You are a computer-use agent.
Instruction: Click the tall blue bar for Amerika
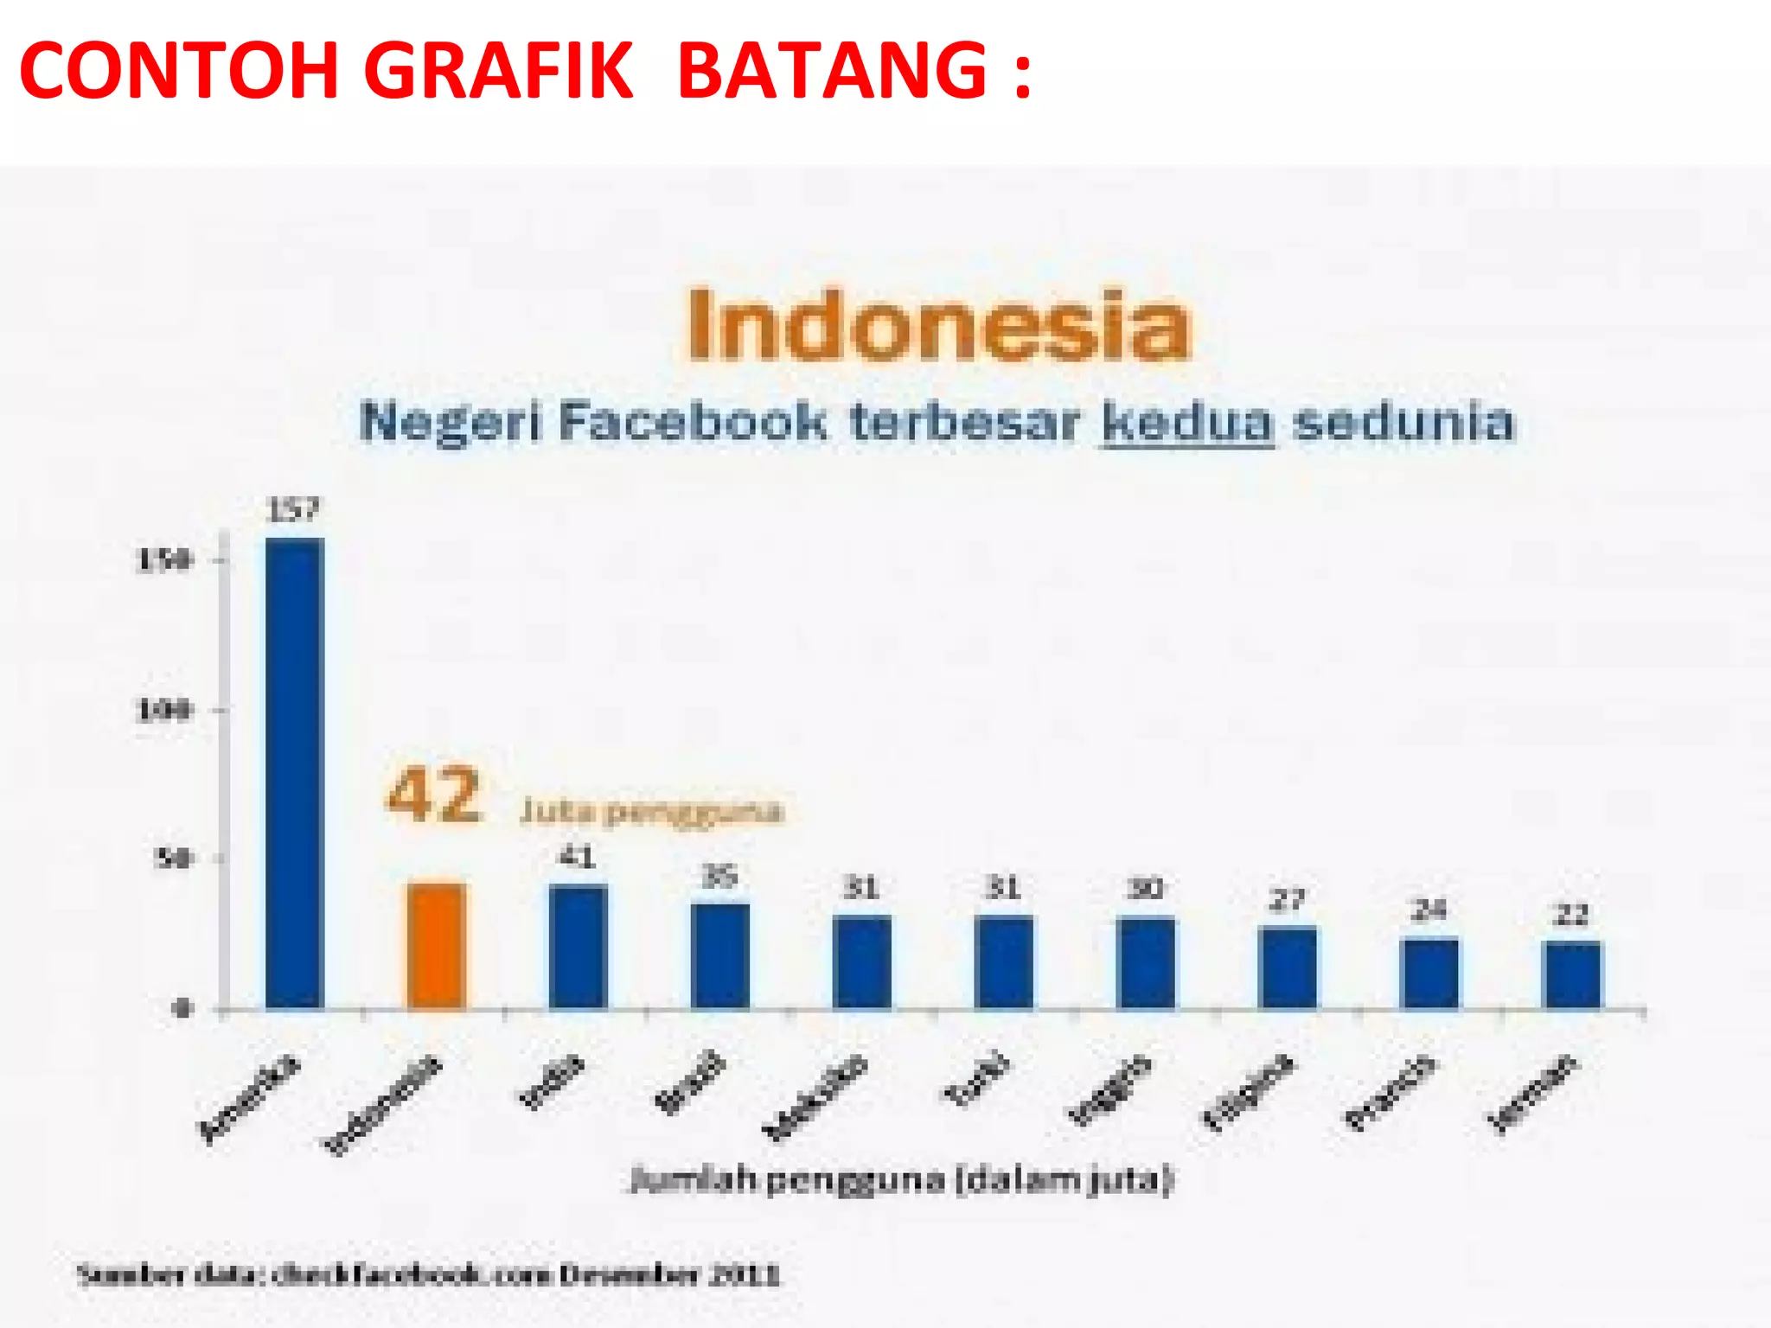coord(294,773)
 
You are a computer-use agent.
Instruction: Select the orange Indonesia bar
coord(436,946)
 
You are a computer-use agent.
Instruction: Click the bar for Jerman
coord(1571,975)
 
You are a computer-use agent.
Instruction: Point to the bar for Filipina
coord(1288,967)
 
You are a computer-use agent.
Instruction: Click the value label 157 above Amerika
coord(293,510)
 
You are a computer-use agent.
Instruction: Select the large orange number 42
coord(433,795)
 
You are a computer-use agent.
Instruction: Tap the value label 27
coord(1287,901)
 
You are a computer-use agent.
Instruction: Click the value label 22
coord(1571,915)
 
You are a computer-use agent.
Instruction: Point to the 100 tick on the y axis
coord(163,711)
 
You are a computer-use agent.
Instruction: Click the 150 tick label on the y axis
coord(163,560)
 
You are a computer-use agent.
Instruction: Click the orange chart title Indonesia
coord(938,325)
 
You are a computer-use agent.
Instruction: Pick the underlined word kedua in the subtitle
coord(1187,423)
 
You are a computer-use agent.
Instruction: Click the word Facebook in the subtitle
coord(692,423)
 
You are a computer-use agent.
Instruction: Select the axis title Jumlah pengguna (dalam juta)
coord(901,1180)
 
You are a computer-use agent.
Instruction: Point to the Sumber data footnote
coord(429,1274)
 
